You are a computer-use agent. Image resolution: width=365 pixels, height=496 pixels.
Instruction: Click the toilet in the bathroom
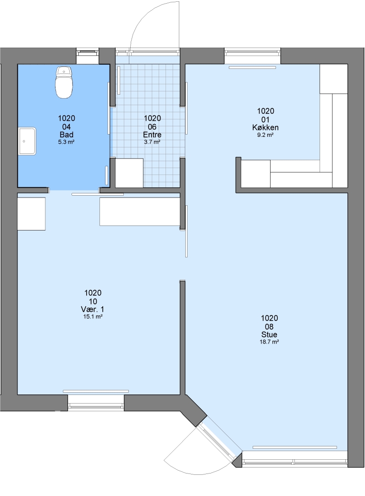[64, 82]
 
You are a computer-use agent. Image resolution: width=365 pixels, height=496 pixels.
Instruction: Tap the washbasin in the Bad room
[27, 141]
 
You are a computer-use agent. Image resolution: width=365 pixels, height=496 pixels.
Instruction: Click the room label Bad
[66, 135]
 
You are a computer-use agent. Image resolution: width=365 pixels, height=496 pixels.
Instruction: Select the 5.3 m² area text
[66, 142]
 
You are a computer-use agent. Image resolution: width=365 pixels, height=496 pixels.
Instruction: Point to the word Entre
[152, 135]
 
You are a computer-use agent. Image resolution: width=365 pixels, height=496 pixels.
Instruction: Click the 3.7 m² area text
[152, 142]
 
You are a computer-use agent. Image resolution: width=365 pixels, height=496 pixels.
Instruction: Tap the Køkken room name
[265, 128]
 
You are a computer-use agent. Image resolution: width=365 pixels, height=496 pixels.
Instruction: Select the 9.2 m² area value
[265, 135]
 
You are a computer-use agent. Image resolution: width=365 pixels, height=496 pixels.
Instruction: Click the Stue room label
[269, 334]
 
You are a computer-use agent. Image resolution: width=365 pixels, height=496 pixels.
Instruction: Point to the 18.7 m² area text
[269, 342]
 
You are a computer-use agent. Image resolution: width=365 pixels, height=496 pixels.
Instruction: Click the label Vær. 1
[93, 309]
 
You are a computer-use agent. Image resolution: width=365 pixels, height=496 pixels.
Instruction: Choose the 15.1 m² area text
[93, 316]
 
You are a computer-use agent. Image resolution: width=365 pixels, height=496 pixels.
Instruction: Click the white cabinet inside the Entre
[129, 173]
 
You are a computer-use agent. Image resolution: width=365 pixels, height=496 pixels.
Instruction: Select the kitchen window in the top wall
[253, 52]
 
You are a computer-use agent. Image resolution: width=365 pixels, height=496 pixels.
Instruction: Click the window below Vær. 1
[96, 403]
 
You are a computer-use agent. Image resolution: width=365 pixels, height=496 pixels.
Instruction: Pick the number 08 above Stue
[269, 327]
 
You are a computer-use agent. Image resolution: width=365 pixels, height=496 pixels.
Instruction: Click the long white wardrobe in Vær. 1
[140, 212]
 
